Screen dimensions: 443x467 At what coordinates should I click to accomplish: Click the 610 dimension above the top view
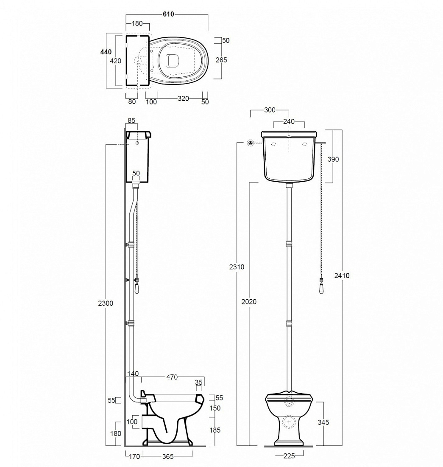point(168,14)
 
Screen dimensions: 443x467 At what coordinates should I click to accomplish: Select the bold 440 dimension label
point(106,52)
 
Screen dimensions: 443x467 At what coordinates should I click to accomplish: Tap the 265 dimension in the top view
point(221,60)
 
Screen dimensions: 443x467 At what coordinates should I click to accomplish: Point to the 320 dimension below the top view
point(183,98)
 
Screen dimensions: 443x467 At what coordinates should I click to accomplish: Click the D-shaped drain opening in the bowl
point(173,60)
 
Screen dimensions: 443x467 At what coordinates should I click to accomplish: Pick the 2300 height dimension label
point(106,303)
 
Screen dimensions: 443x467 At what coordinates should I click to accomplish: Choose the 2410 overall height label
point(342,276)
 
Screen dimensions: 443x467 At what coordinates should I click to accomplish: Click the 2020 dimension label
point(249,302)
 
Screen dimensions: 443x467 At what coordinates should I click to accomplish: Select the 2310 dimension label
point(237,267)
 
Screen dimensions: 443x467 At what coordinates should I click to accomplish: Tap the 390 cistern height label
point(333,159)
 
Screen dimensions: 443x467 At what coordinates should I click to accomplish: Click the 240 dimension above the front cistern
point(289,121)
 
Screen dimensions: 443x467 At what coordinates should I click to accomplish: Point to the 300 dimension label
point(270,110)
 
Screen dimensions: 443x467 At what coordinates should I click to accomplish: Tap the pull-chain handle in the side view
point(137,287)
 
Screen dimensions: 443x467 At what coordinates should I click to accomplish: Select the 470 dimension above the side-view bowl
point(172,377)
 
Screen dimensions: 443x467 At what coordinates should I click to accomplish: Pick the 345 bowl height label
point(323,422)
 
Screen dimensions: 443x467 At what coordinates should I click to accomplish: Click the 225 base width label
point(289,456)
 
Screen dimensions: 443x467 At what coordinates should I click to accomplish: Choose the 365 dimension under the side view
point(168,456)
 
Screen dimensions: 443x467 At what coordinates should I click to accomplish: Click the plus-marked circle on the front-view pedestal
point(289,422)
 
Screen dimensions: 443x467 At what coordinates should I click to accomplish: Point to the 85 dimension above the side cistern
point(131,120)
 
